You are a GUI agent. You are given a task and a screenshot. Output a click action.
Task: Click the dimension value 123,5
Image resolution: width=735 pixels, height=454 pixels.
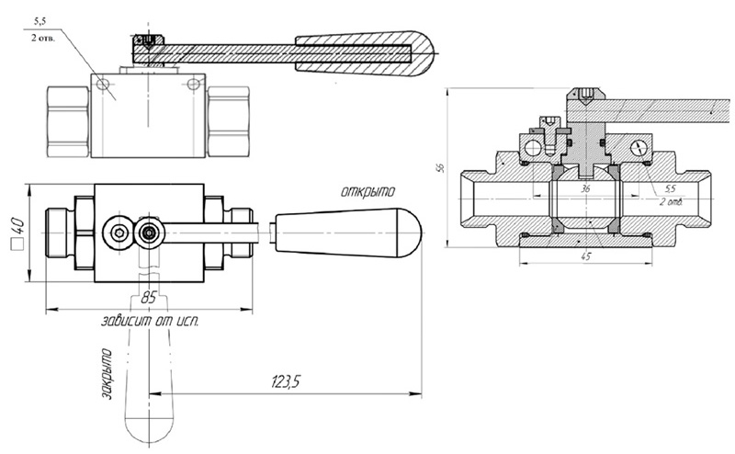pos(285,382)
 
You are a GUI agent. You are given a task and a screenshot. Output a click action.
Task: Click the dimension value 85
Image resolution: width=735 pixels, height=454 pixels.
pos(148,298)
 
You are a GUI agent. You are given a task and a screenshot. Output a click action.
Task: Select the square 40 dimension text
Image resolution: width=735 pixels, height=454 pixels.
pos(17,233)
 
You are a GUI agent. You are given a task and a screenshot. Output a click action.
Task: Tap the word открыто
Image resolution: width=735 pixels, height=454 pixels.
pos(368,191)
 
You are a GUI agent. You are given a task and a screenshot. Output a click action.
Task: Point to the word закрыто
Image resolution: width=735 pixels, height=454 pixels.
pos(107,374)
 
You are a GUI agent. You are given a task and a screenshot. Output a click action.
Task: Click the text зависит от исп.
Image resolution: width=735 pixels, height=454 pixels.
pos(150,322)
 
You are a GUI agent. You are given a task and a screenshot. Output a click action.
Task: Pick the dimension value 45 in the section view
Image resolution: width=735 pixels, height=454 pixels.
pos(586,256)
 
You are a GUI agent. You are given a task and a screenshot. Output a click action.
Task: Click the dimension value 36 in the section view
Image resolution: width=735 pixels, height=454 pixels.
pos(585,189)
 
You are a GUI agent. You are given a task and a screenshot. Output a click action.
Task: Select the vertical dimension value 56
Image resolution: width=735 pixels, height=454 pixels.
pos(440,167)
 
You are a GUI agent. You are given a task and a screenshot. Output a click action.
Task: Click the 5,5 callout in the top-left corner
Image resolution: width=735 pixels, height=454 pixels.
pos(40,21)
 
